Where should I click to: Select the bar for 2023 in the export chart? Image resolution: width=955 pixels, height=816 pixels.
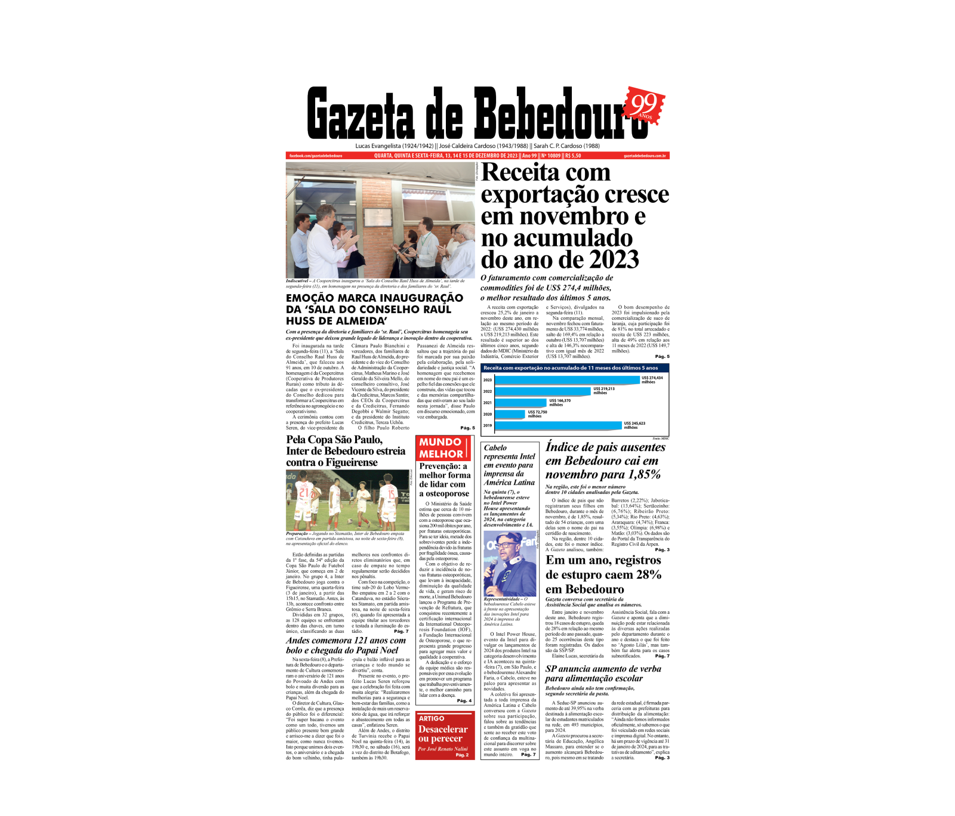click(566, 379)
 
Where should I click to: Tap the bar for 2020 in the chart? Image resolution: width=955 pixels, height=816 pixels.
click(510, 414)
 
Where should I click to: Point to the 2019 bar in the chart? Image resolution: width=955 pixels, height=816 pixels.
click(559, 425)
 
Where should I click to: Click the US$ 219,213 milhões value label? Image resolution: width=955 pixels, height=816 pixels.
click(603, 391)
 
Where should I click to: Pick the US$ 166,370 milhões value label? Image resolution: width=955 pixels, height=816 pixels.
click(559, 403)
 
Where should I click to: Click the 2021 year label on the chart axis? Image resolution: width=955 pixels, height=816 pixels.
click(488, 403)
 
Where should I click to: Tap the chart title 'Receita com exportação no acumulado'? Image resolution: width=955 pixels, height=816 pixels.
click(570, 368)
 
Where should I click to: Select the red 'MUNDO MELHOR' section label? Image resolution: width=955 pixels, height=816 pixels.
click(440, 448)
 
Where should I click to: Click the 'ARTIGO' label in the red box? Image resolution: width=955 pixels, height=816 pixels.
click(431, 719)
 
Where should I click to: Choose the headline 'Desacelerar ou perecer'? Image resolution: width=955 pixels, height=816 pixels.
click(442, 734)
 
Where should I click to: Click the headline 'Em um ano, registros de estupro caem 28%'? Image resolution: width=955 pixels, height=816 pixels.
click(603, 574)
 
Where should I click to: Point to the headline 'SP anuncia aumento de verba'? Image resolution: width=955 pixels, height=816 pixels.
click(603, 673)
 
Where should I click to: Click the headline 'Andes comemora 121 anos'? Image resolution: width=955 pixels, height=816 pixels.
click(346, 645)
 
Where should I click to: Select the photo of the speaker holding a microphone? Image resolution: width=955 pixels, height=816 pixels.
click(509, 564)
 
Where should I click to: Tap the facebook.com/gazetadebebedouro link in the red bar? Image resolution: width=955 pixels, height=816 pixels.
click(315, 156)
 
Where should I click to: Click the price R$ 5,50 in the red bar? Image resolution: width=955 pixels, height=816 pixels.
click(573, 156)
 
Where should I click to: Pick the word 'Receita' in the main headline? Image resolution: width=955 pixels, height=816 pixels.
click(520, 173)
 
